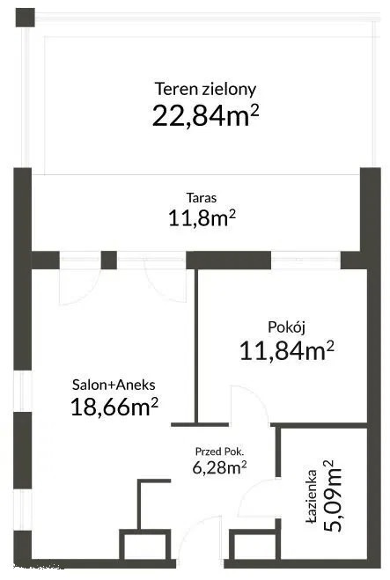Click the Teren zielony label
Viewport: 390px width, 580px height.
[x=205, y=90]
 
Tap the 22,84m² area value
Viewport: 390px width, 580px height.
[x=205, y=115]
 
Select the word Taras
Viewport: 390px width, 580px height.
[x=202, y=197]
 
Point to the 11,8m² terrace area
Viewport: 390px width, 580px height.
[x=202, y=217]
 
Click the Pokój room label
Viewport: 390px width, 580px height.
[x=286, y=327]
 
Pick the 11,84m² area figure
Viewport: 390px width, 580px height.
[x=287, y=350]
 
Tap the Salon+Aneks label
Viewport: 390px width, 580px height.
[x=114, y=385]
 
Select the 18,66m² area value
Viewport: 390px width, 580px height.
[x=114, y=407]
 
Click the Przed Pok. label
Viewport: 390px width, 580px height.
[x=219, y=452]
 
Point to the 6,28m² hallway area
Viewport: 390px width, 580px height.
[x=219, y=467]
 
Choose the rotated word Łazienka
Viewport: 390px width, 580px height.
[x=312, y=496]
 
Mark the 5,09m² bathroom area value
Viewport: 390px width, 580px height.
[x=332, y=496]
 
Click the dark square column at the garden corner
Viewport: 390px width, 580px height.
[x=26, y=18]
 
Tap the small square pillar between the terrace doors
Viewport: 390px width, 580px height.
[x=109, y=260]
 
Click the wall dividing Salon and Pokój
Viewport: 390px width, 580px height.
[x=196, y=346]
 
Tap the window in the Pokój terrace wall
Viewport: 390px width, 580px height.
[x=305, y=260]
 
